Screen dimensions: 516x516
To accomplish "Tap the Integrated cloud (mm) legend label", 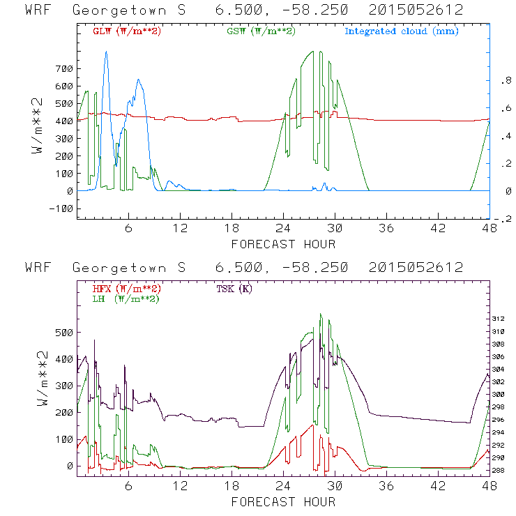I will [402, 31].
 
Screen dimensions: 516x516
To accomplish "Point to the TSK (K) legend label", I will [234, 288].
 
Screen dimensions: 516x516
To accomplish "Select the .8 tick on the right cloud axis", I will [504, 81].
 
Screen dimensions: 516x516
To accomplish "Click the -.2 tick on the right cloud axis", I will [503, 219].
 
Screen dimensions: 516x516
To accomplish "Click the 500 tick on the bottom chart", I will [65, 333].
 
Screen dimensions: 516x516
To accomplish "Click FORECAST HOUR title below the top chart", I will [283, 244].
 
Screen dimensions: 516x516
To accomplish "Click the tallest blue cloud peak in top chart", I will [106, 52].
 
